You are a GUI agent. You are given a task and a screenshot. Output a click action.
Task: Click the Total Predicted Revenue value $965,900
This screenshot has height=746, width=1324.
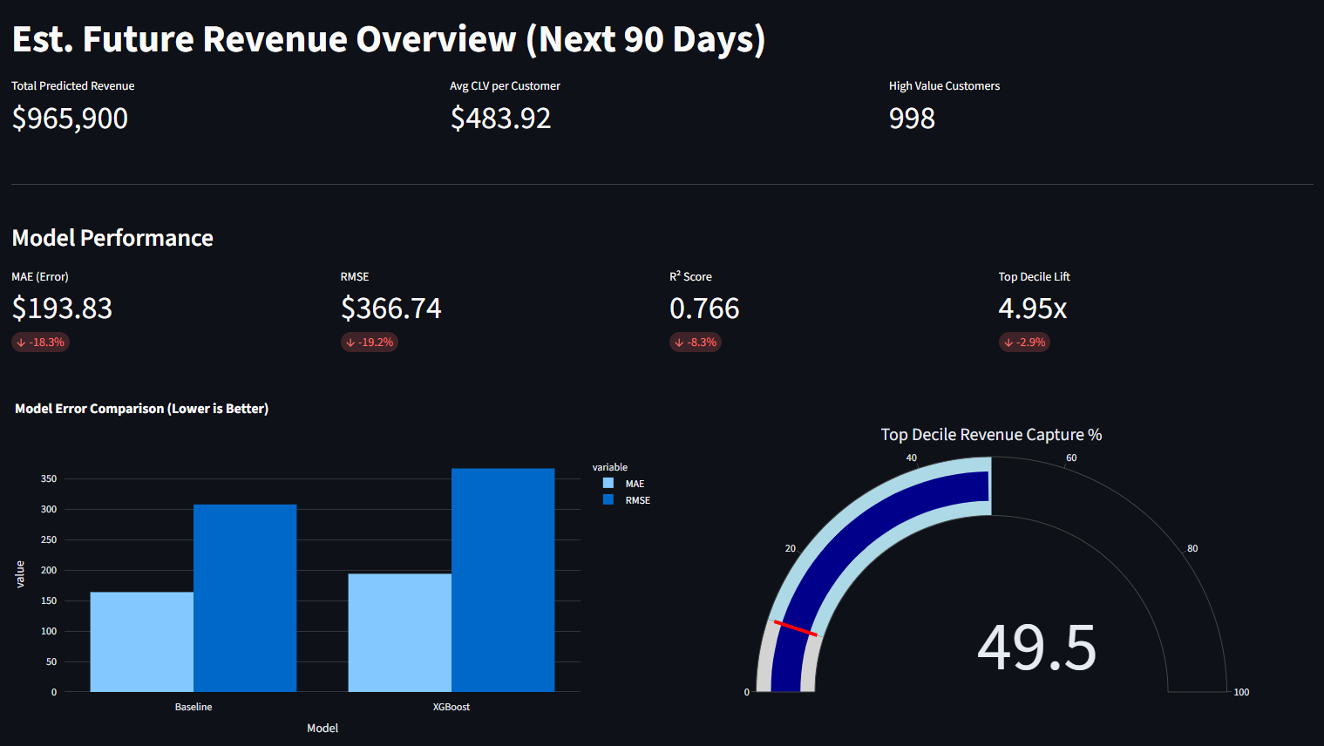[70, 119]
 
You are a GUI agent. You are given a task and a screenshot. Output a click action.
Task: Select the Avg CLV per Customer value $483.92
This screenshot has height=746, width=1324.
[500, 119]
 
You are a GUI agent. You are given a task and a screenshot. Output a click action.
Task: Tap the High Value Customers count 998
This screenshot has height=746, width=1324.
[912, 119]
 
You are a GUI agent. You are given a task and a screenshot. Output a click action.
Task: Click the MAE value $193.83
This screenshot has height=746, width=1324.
[62, 309]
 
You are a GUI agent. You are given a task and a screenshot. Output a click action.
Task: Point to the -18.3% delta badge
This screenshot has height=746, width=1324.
[40, 342]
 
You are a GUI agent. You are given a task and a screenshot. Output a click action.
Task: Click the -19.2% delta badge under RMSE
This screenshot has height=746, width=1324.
[370, 342]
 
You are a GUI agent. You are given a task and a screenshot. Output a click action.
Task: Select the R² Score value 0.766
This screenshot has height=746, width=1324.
[704, 309]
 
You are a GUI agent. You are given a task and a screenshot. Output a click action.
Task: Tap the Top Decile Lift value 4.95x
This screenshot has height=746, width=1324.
[1032, 309]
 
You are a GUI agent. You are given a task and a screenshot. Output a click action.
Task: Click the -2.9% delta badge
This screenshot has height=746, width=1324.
[1024, 342]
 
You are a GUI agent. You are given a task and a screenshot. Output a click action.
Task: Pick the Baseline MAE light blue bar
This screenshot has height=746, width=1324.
[141, 642]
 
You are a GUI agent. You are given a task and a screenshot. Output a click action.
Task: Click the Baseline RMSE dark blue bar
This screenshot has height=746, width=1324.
[245, 598]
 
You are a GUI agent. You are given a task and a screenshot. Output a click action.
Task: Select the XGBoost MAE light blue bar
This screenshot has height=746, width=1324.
[399, 633]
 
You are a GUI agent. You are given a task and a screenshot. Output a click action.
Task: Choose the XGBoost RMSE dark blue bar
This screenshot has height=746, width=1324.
[503, 580]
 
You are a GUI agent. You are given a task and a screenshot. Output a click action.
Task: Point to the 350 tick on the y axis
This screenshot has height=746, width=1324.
[49, 478]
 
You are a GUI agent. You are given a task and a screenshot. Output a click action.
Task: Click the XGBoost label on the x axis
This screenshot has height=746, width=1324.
[451, 707]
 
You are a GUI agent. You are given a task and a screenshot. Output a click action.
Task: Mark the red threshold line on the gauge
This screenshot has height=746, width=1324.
[795, 628]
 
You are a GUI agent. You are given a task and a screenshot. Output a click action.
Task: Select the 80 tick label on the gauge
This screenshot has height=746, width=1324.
[1192, 548]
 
